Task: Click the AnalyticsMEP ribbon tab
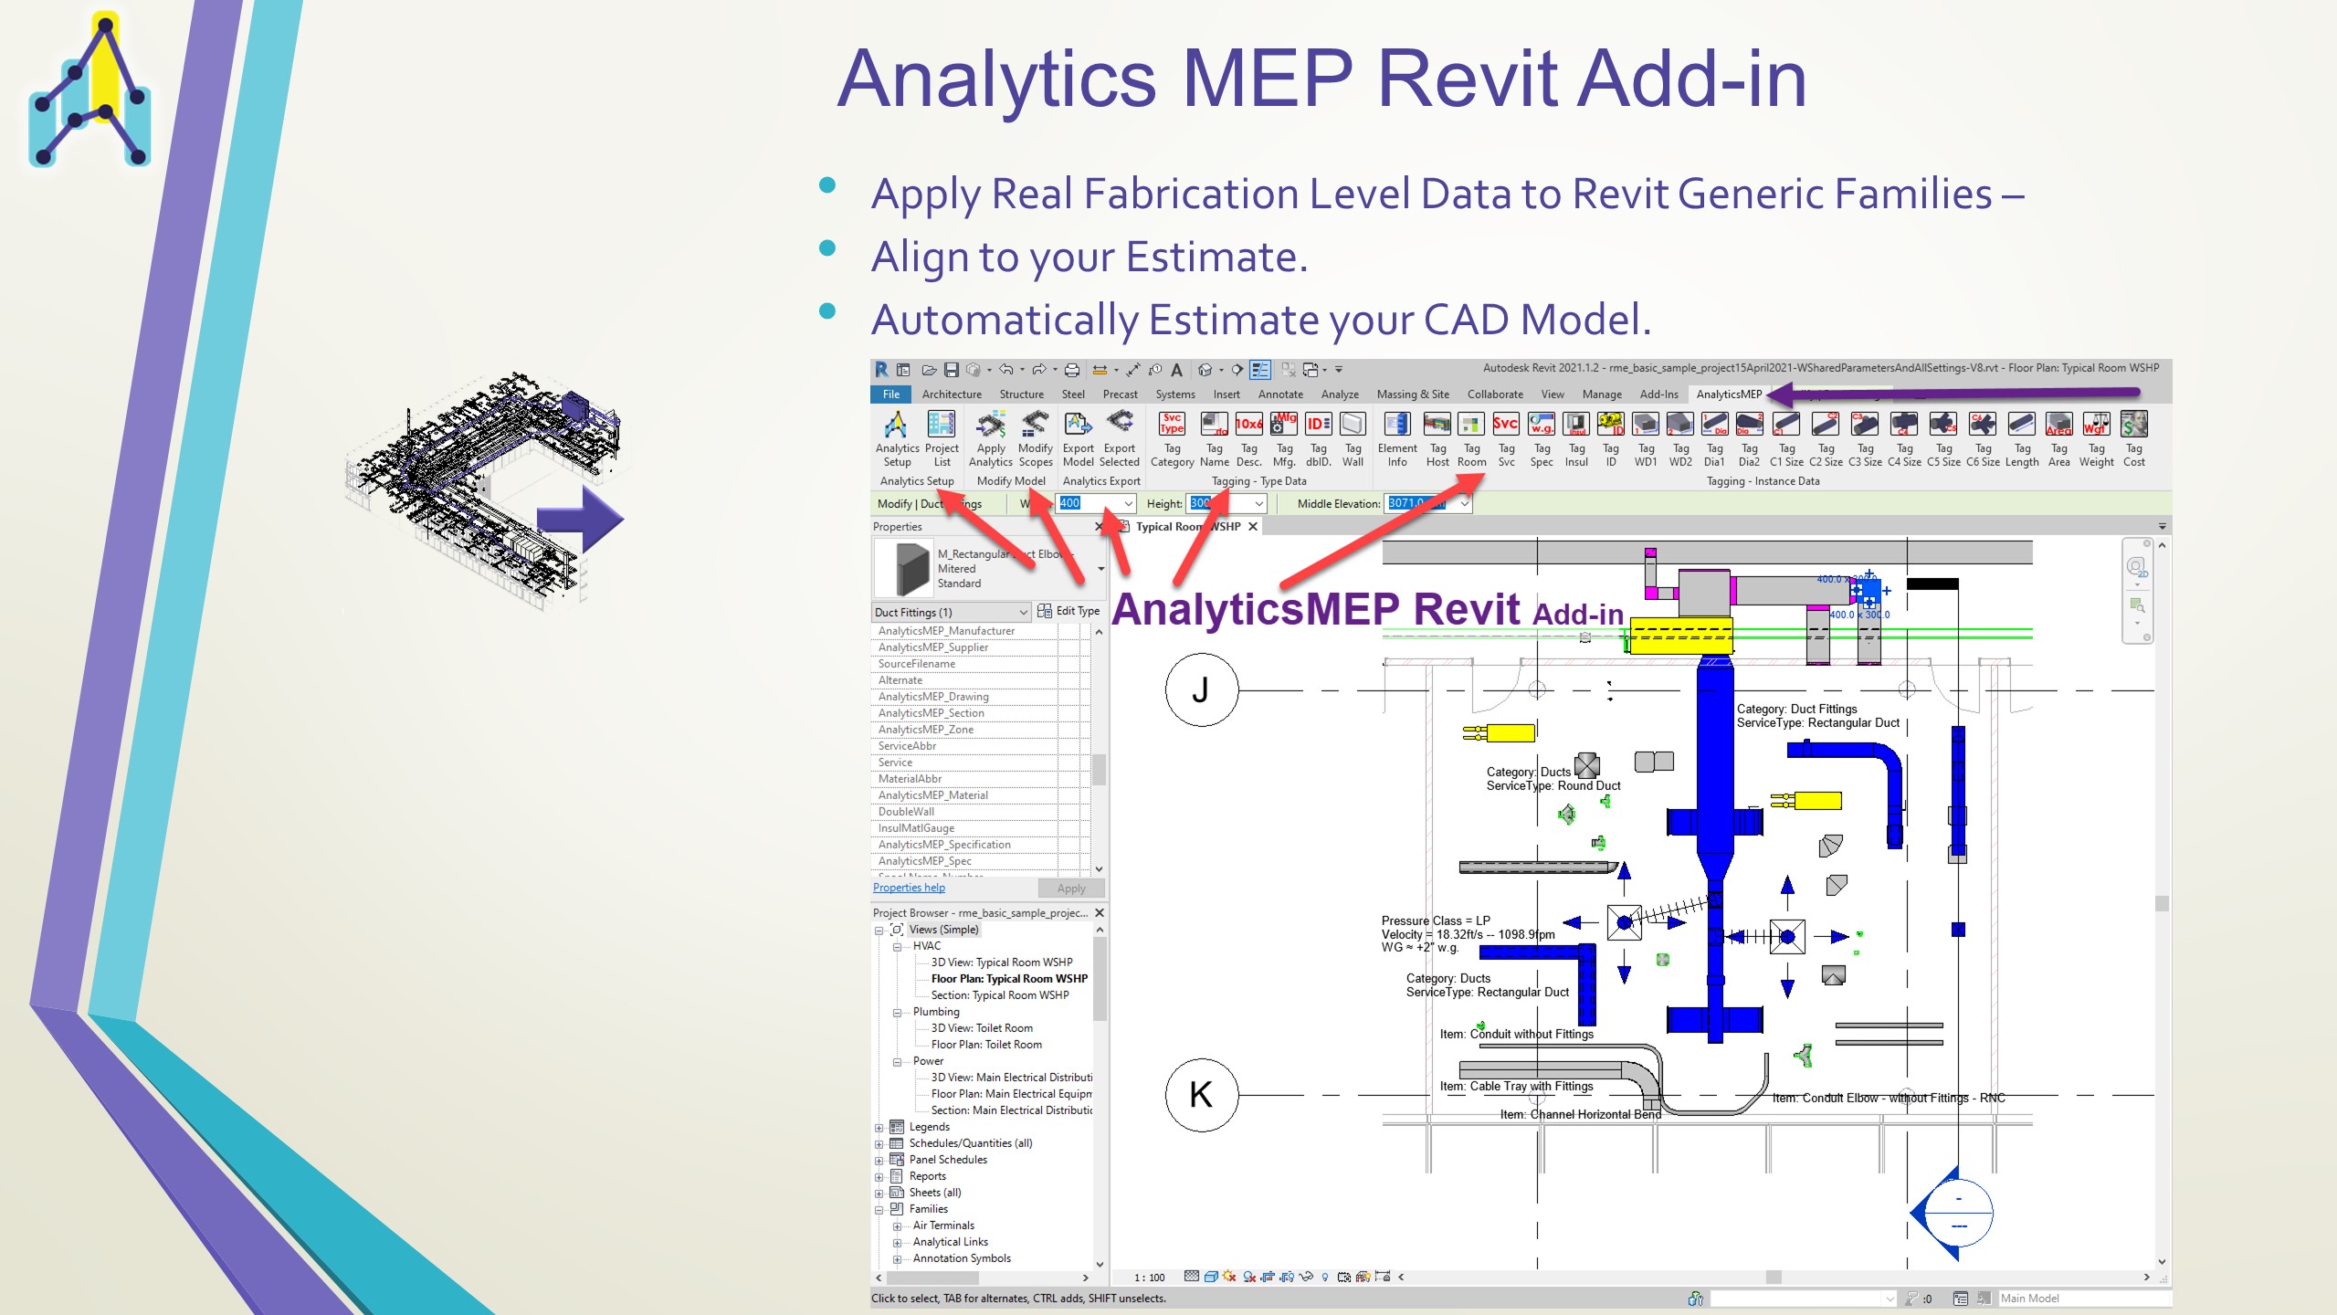tap(1728, 394)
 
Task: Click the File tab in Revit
tap(890, 394)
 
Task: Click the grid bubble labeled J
tap(1201, 690)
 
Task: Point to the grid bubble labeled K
tap(1201, 1094)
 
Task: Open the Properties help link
tap(909, 888)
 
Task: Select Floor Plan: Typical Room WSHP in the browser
tap(1008, 979)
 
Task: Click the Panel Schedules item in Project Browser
tap(948, 1160)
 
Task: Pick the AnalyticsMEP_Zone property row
tap(926, 730)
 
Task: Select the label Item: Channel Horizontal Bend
tap(1580, 1114)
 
